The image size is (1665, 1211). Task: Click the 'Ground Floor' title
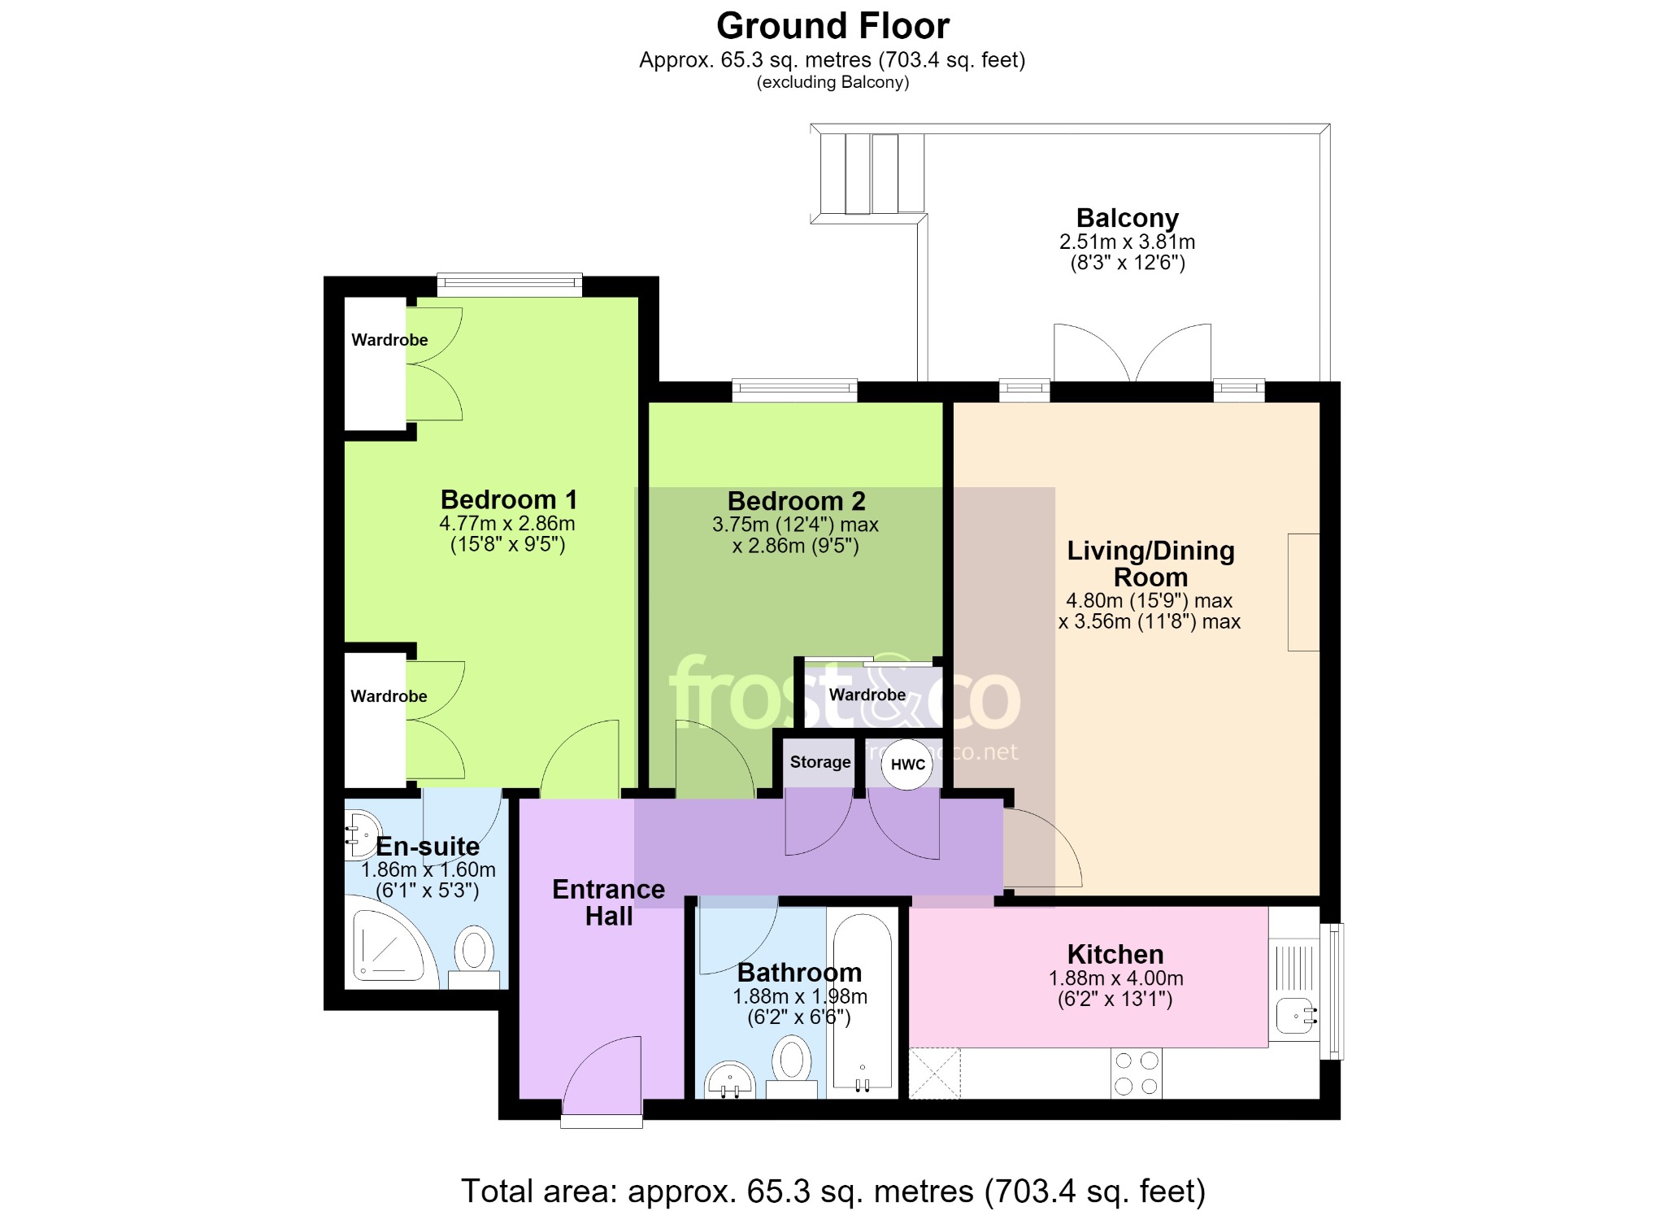click(x=832, y=26)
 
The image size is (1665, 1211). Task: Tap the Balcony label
click(x=1127, y=218)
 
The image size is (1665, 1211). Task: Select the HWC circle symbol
click(x=907, y=764)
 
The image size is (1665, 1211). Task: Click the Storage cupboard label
click(x=820, y=762)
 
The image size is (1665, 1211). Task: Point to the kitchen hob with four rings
click(x=1137, y=1074)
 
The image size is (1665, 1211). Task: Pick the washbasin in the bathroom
click(x=729, y=1079)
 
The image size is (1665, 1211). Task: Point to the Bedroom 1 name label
click(x=509, y=499)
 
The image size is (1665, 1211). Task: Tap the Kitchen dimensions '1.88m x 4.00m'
click(x=1116, y=978)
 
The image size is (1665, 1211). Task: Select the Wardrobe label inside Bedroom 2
click(x=867, y=695)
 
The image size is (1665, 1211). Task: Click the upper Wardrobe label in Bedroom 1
click(x=389, y=340)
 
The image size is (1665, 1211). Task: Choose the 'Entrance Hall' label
click(x=609, y=903)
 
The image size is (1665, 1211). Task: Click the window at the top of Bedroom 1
click(x=510, y=284)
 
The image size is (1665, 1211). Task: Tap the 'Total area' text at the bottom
click(x=833, y=1191)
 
